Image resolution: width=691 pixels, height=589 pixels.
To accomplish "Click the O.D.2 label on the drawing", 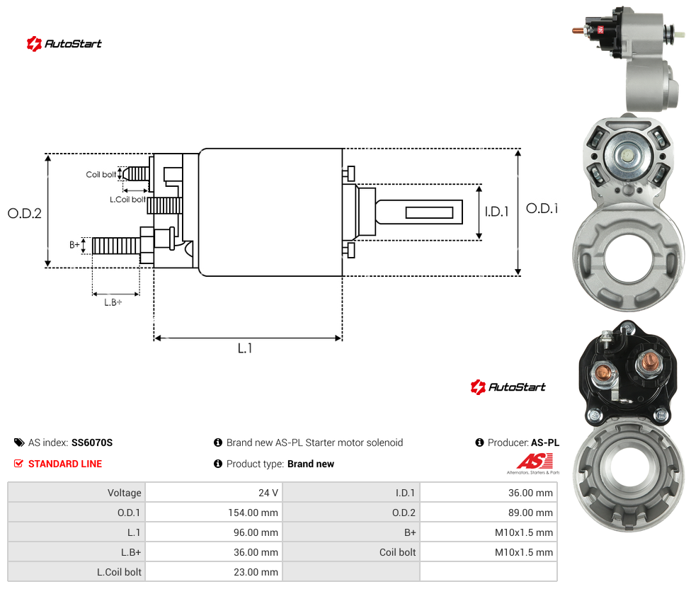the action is [25, 214].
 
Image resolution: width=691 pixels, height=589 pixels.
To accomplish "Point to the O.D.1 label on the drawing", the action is [542, 208].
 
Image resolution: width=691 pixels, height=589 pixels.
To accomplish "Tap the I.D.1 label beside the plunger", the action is [497, 212].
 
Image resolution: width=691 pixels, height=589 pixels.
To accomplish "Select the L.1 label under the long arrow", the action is [245, 348].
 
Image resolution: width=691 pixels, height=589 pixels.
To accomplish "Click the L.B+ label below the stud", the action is [113, 302].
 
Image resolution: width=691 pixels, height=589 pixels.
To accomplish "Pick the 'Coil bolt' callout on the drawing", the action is [101, 174].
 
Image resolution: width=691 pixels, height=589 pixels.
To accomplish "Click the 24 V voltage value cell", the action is [268, 493].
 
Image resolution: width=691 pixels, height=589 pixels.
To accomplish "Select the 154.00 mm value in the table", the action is [253, 513].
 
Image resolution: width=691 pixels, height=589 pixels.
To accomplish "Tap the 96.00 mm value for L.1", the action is [256, 532].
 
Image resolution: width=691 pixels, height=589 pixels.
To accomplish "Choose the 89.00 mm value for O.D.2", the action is [530, 513].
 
